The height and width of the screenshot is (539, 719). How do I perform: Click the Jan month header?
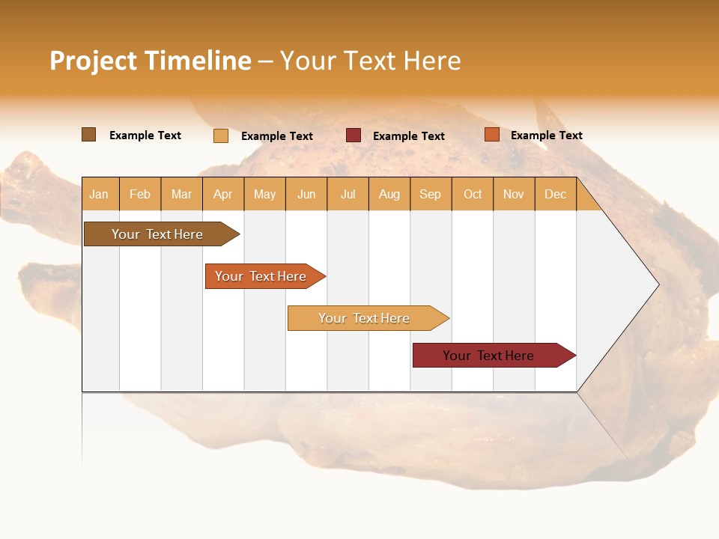(99, 194)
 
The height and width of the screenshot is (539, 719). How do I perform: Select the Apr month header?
(222, 194)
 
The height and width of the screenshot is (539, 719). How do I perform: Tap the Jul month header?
(348, 194)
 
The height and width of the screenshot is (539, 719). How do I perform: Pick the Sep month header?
(430, 194)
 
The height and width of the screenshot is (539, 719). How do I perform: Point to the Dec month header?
(555, 194)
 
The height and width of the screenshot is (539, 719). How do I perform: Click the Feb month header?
(140, 194)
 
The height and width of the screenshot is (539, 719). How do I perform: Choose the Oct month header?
(473, 194)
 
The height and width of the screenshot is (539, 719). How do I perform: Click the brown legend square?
(89, 135)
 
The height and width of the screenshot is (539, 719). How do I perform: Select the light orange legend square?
(221, 135)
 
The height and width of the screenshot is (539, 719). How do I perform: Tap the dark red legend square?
(354, 135)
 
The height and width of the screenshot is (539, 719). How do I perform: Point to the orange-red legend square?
(492, 135)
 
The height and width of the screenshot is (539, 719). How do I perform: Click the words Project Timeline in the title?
(151, 61)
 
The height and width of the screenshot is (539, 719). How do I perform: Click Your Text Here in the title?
(370, 61)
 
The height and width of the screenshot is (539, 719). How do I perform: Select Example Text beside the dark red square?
(408, 136)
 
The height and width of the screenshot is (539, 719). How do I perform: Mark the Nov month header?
(514, 194)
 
